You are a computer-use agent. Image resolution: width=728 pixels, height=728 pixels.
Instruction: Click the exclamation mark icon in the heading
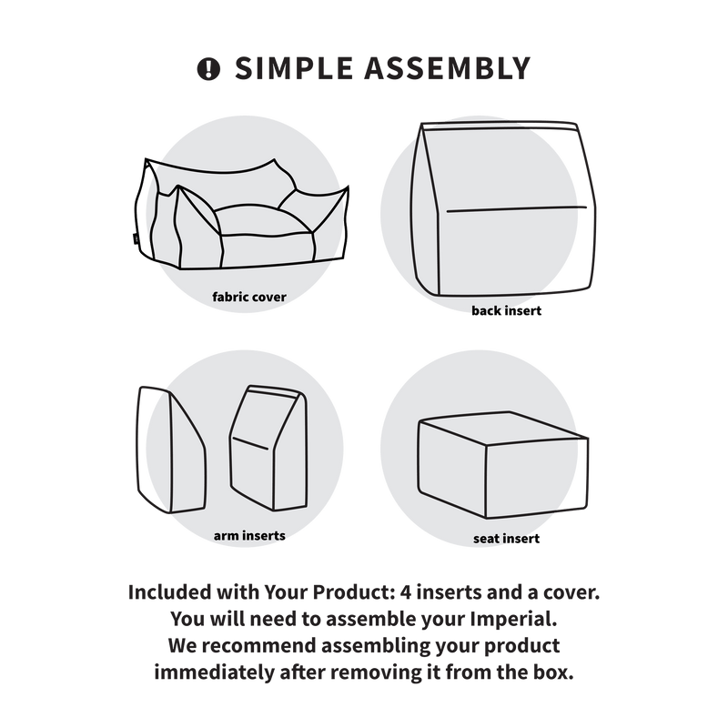[208, 69]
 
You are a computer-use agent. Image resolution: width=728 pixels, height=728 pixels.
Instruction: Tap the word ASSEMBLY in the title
[447, 68]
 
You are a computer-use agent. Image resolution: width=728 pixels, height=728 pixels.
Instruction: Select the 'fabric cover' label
[248, 298]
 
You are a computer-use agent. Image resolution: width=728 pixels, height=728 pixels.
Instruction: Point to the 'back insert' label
[506, 310]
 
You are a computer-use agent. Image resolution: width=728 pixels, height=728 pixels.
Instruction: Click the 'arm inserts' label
[249, 536]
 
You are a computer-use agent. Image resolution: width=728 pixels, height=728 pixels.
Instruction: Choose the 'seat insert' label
[506, 539]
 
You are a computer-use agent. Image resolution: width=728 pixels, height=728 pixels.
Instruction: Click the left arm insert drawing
[171, 450]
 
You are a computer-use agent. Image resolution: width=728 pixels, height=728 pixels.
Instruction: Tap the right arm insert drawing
[268, 448]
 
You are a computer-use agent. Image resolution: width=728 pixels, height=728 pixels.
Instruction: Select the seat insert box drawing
[503, 464]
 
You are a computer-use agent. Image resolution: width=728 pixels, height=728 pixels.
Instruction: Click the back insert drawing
[503, 209]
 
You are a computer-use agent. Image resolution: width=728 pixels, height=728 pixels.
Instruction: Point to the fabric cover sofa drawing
[240, 215]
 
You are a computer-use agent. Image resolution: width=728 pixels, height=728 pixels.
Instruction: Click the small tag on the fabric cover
[134, 238]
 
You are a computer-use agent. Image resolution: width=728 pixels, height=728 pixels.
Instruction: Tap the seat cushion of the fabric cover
[263, 223]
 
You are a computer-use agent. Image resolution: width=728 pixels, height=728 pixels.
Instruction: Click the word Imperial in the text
[513, 619]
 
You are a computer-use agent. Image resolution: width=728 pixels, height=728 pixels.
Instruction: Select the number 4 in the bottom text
[406, 592]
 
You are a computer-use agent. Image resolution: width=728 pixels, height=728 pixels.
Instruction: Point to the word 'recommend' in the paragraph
[259, 646]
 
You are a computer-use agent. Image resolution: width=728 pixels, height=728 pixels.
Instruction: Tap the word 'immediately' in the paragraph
[215, 672]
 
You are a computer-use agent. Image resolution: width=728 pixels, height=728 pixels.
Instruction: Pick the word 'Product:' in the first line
[353, 592]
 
